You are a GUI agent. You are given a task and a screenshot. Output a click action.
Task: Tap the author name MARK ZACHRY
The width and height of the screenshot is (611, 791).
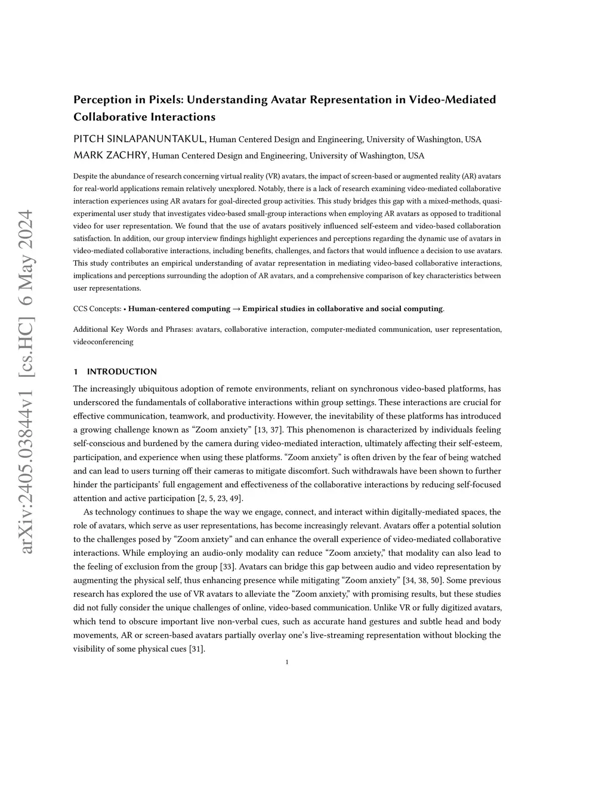pos(111,156)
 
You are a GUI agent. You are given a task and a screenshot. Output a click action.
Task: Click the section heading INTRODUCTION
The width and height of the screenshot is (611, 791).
pos(122,371)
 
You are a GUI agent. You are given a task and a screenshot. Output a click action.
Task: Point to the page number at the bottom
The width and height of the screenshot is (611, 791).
pos(287,662)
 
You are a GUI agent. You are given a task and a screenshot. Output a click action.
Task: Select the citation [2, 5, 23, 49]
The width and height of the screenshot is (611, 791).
pos(220,498)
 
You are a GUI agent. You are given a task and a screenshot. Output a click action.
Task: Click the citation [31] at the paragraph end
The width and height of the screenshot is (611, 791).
pos(197,649)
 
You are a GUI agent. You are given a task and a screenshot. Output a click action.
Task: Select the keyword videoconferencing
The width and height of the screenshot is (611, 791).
pos(103,342)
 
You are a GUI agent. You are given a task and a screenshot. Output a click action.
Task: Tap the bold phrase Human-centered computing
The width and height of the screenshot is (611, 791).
pos(179,309)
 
